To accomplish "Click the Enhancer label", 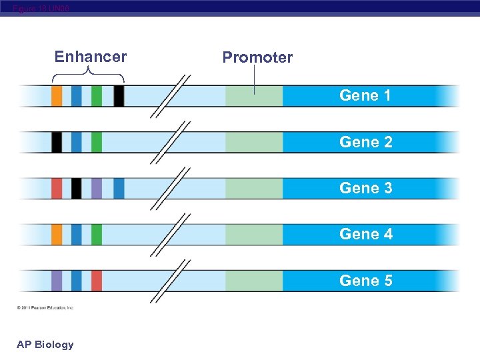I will (90, 57).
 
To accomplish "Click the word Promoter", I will (257, 57).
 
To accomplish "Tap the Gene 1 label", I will (365, 95).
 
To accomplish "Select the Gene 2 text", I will (365, 142).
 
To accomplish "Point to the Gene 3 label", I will (365, 188).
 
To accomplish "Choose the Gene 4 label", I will (365, 234).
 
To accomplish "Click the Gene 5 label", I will (365, 281).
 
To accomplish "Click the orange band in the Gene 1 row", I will (57, 96).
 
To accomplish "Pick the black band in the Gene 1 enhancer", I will (119, 96).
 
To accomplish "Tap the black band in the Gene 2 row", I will (57, 142).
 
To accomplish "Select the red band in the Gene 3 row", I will (57, 188).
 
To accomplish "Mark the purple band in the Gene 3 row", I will (97, 188).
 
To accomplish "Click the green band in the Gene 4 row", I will (97, 234).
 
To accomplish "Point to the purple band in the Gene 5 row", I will (57, 281).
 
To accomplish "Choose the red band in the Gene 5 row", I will (97, 281).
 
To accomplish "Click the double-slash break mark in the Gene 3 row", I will (170, 189).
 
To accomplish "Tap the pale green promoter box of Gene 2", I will (254, 142).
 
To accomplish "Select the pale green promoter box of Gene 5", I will (254, 281).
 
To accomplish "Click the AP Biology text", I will (45, 344).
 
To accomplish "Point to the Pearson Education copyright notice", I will (45, 307).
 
